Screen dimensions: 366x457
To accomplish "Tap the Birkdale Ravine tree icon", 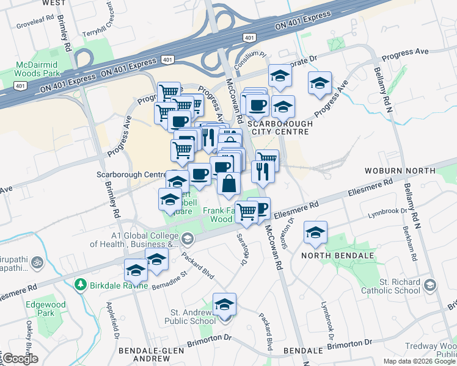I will point(79,285).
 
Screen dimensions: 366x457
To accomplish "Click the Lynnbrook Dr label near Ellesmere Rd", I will point(387,213).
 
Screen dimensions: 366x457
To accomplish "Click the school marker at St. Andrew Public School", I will point(224,304).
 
